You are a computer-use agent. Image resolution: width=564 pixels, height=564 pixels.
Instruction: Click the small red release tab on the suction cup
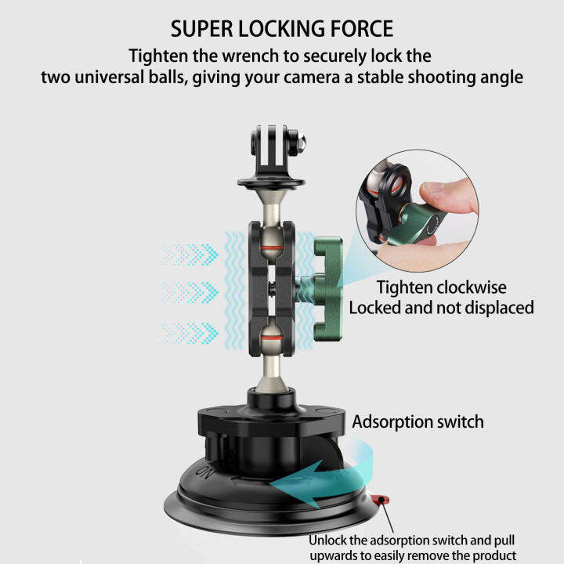point(381,499)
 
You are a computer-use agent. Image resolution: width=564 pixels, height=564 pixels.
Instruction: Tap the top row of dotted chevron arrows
point(188,253)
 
